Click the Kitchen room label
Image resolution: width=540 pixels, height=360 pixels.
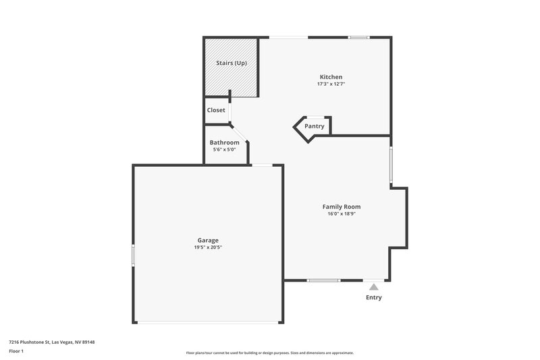tap(331, 77)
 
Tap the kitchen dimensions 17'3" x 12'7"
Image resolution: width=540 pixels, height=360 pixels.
tap(331, 84)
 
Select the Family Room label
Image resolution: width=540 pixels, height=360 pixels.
tap(341, 207)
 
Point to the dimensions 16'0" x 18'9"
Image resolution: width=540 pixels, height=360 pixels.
tap(341, 214)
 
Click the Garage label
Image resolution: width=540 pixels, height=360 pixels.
tap(207, 240)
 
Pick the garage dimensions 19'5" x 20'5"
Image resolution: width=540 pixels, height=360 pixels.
tap(207, 248)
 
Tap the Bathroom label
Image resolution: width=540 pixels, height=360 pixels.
tap(224, 143)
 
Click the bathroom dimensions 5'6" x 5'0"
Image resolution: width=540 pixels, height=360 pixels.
tap(224, 150)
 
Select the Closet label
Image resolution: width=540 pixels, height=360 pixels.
tap(216, 110)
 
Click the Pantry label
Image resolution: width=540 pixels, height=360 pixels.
tap(314, 126)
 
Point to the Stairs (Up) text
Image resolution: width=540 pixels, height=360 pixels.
tap(232, 63)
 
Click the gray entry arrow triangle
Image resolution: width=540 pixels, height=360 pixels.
tap(373, 287)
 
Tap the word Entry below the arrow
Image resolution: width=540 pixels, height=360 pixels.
tap(373, 298)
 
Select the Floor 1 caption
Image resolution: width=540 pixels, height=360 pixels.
tap(16, 351)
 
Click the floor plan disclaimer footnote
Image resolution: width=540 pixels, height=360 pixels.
tap(269, 353)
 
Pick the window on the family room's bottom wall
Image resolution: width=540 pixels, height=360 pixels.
tap(323, 280)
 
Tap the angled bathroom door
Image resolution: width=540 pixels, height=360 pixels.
tap(240, 132)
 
